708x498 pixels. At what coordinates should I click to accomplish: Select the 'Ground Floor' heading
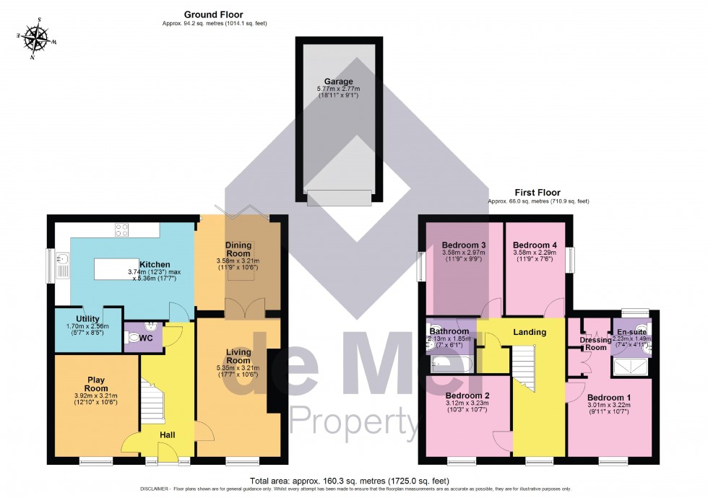pos(213,14)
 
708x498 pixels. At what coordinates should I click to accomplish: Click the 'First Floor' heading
pos(537,193)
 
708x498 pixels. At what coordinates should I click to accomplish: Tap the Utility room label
pos(88,319)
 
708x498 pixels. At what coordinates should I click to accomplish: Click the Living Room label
pos(238,356)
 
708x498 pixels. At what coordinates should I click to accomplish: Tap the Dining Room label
pos(238,249)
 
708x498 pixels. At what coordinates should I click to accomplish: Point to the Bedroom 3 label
pos(463,245)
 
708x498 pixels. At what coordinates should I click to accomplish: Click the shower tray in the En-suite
pos(631,370)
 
